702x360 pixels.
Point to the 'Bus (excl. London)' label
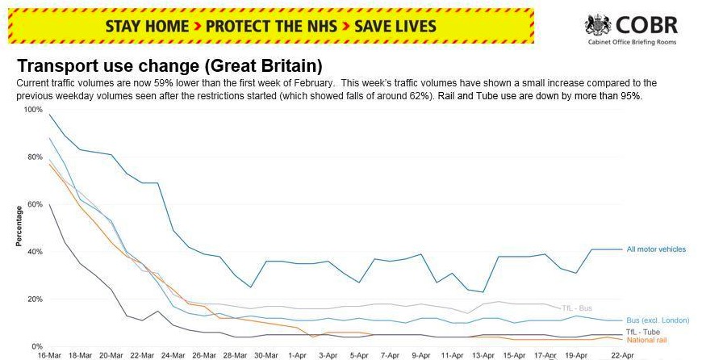click(658, 320)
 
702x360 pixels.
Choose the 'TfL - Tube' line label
click(643, 333)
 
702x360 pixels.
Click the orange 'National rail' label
click(646, 341)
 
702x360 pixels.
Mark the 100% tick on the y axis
click(32, 109)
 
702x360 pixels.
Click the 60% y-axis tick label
click(35, 204)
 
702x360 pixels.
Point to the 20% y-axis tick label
click(35, 299)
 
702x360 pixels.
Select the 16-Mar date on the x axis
click(50, 354)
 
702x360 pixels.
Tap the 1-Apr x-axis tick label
click(297, 354)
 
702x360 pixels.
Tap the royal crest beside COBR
click(598, 26)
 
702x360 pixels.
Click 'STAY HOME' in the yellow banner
click(146, 26)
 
